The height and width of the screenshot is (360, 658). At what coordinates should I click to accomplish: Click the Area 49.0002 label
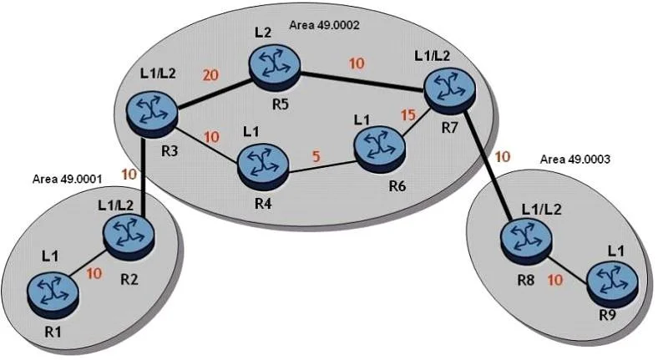click(324, 25)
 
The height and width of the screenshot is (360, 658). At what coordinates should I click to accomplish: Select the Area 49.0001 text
click(67, 179)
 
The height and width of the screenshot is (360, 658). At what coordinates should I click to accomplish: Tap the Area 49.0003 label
click(574, 159)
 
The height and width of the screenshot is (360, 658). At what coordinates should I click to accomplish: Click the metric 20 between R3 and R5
click(210, 75)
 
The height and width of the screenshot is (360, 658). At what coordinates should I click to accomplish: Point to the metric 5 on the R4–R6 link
click(316, 156)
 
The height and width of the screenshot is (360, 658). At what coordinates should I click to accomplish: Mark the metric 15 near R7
click(407, 114)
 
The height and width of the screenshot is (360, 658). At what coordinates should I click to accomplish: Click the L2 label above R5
click(263, 33)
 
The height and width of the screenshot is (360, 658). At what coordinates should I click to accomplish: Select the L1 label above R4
click(251, 133)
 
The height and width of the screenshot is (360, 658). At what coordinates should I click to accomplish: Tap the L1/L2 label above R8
click(541, 210)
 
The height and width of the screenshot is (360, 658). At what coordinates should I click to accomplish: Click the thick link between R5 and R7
click(363, 81)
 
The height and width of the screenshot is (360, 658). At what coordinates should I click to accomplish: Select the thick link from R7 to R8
click(488, 165)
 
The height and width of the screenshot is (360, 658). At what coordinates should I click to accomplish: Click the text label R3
click(170, 151)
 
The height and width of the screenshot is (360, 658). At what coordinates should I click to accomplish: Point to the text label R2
click(129, 279)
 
